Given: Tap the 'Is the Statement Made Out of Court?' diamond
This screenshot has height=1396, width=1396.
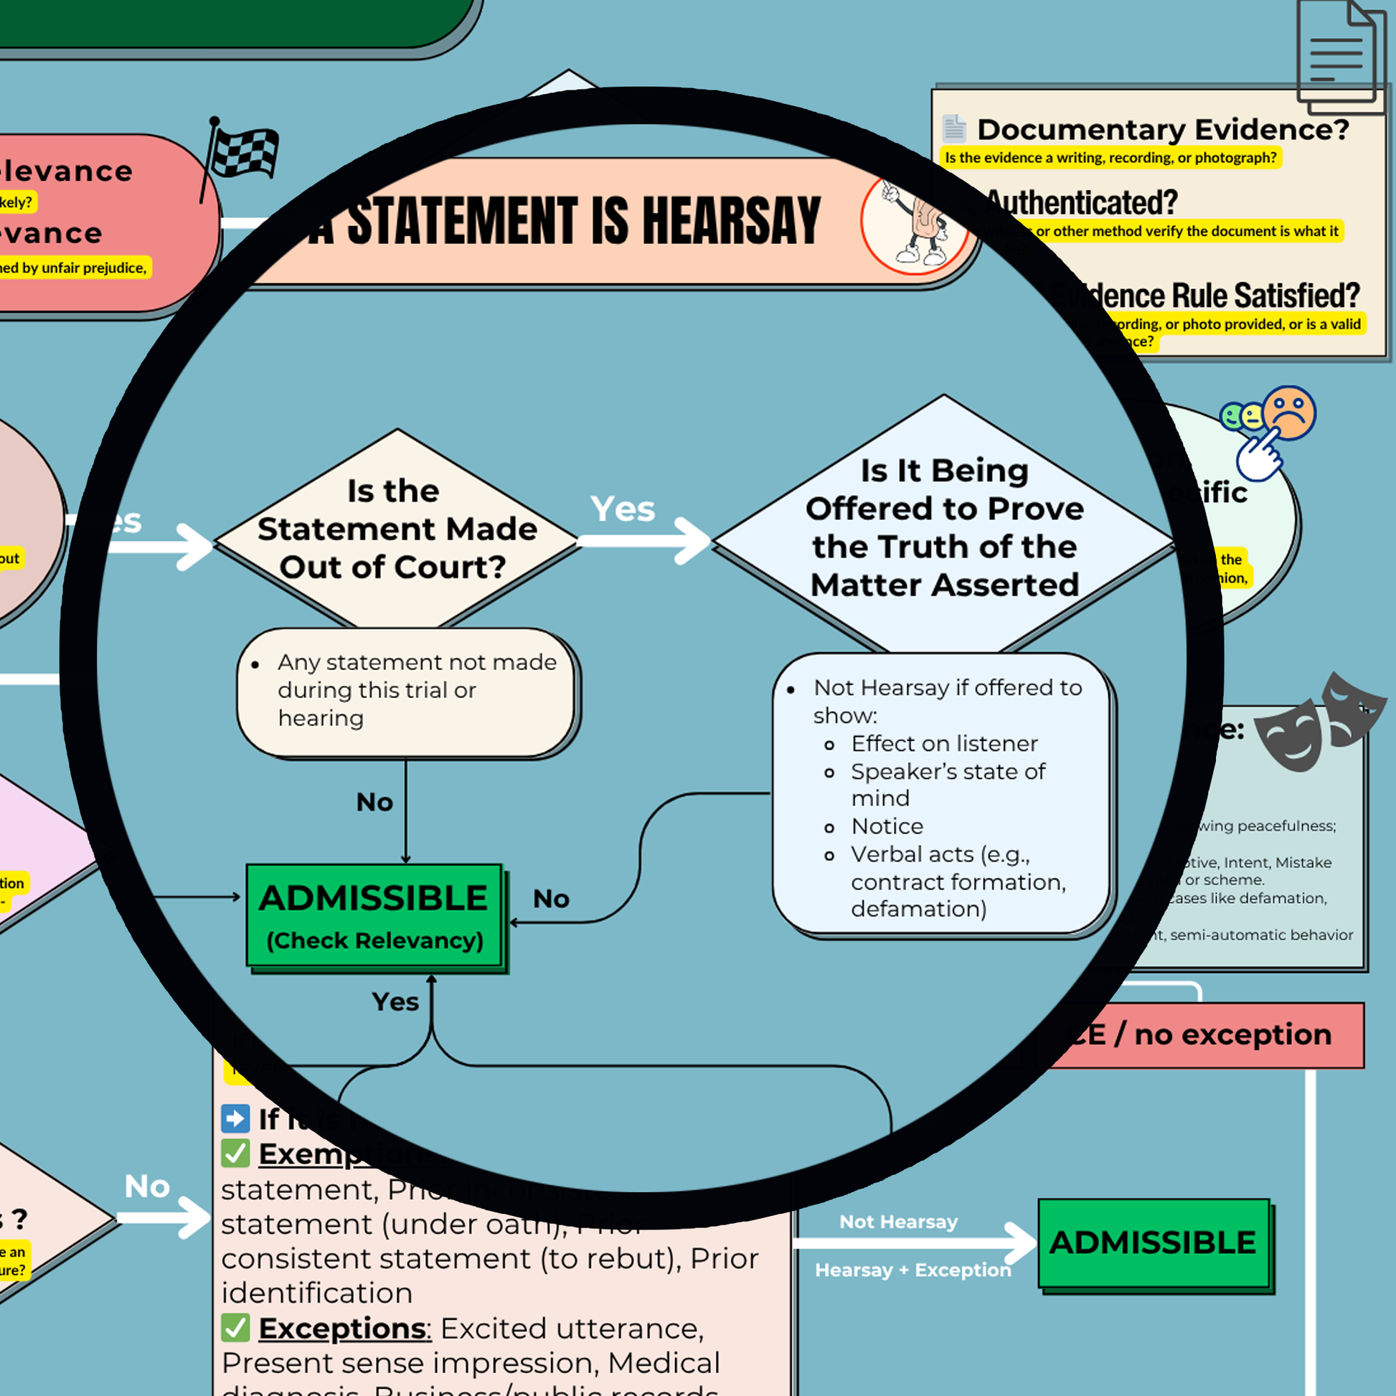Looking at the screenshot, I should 396,529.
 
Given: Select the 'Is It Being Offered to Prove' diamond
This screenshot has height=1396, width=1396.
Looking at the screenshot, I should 943,527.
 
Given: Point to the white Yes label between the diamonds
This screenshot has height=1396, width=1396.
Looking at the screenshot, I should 622,509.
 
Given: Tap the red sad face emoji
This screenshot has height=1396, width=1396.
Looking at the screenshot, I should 1290,412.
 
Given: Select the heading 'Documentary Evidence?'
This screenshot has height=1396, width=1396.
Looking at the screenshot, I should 1163,130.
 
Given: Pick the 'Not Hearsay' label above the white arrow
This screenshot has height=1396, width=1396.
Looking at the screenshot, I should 898,1221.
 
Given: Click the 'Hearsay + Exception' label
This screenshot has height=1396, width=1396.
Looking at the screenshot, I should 912,1270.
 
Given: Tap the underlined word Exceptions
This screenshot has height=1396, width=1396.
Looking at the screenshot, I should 344,1328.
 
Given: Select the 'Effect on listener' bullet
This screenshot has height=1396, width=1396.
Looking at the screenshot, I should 943,743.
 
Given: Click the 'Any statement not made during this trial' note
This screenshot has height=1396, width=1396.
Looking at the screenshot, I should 407,691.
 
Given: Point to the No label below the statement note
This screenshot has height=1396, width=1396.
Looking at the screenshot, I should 374,802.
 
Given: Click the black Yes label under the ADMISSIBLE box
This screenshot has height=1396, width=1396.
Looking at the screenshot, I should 395,1001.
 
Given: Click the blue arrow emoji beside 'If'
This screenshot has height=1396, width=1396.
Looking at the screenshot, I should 235,1118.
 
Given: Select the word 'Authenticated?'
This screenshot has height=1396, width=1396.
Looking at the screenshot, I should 1082,203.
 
